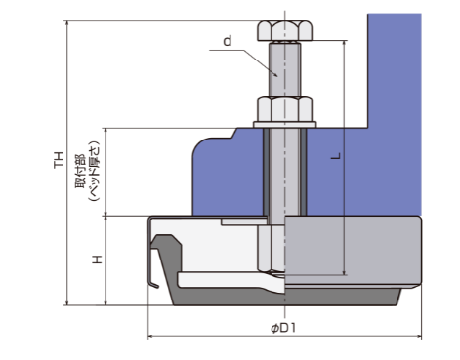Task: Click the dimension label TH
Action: (59, 160)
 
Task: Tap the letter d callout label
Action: (228, 41)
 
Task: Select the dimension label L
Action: (336, 156)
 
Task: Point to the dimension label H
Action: (97, 260)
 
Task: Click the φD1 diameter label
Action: (283, 328)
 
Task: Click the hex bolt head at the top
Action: (285, 31)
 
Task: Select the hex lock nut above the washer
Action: (285, 108)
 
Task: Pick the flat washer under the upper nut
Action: (285, 125)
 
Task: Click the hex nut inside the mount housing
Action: (272, 249)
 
